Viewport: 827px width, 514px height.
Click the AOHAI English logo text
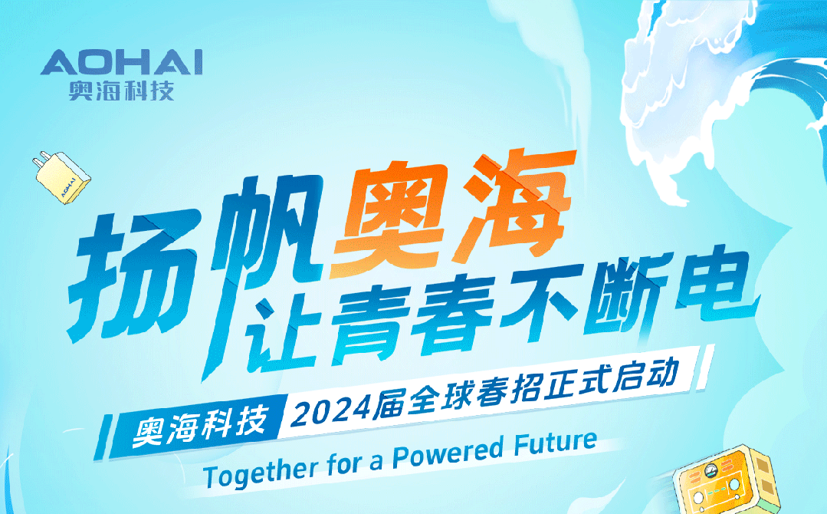[122, 63]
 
